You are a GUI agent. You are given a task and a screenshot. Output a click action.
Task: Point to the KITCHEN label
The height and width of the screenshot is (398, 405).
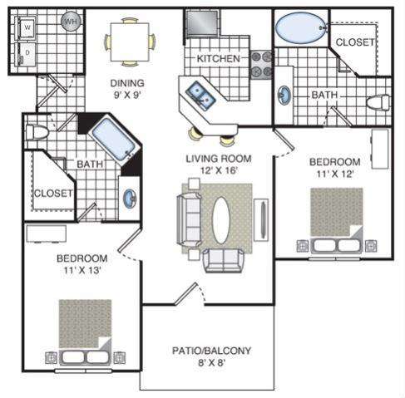[x=219, y=60]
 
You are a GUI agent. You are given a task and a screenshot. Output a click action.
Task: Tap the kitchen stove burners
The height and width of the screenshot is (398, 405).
[x=262, y=64]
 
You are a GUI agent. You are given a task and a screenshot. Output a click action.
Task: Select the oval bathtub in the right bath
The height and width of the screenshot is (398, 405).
[x=299, y=29]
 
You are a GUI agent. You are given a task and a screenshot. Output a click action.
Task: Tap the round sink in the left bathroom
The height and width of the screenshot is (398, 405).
[x=131, y=199]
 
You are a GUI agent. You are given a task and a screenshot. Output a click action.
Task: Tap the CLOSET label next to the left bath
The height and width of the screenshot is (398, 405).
[x=53, y=194]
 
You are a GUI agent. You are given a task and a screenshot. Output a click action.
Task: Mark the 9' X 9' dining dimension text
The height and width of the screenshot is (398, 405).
[x=127, y=96]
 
